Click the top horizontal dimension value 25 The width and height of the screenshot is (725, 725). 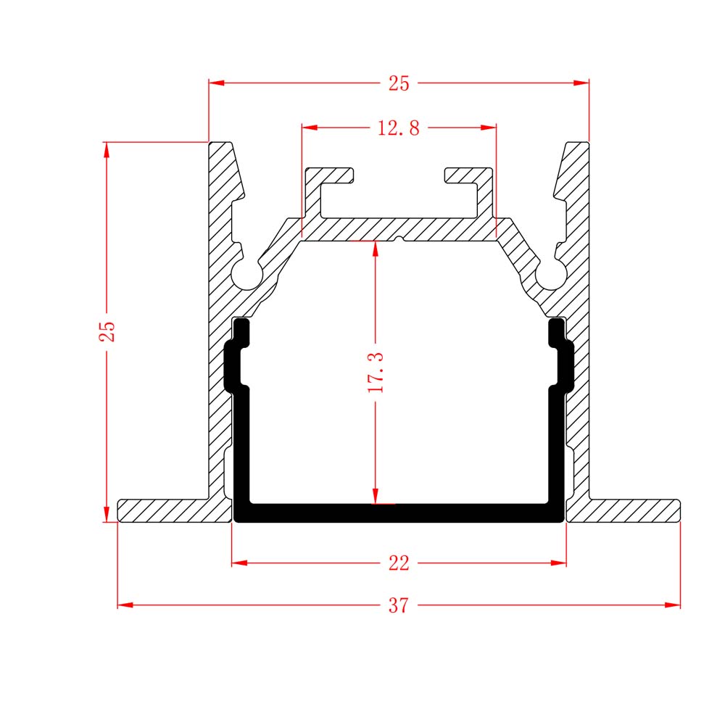coord(399,83)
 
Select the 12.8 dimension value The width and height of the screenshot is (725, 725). coord(399,128)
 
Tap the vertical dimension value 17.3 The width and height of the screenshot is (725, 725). coord(376,372)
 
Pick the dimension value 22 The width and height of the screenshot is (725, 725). coord(399,563)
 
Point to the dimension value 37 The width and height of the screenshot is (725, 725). coord(399,605)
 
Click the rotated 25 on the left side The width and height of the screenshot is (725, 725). coord(107,331)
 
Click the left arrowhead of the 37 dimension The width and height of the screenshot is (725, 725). coord(125,605)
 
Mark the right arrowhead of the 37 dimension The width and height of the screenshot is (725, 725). coord(673,605)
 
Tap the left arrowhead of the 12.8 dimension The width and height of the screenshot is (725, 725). coord(310,127)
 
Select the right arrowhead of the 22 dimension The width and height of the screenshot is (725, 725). coord(558,563)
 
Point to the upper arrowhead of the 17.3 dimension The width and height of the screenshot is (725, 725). coord(376,249)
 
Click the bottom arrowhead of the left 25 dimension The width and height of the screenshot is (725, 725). coord(107,514)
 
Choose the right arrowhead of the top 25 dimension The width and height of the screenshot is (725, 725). coord(581,83)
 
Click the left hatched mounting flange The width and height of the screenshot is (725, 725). coord(174,511)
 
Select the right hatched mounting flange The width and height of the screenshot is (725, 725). coord(623,511)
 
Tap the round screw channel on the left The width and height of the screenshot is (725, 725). coord(246,275)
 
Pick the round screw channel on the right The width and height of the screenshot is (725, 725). coord(551,275)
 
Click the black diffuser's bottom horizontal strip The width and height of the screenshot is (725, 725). coord(399,513)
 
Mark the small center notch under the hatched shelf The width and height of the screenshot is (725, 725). coord(399,239)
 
